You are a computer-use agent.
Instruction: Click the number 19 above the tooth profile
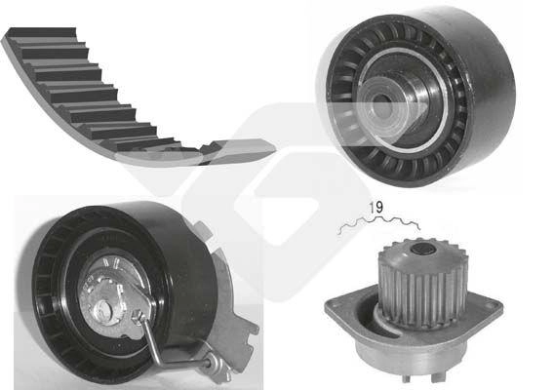376,208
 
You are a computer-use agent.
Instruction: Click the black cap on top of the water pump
423,249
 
